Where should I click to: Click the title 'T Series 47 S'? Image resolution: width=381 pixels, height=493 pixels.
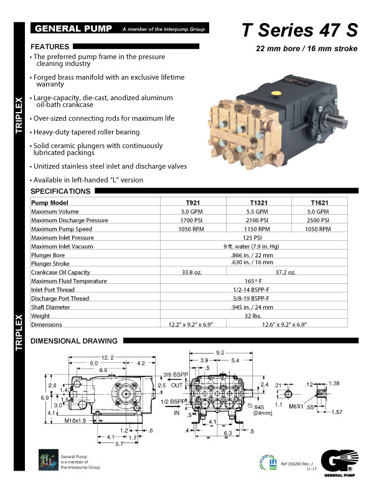point(299,31)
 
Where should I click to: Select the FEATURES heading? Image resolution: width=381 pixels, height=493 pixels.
point(50,47)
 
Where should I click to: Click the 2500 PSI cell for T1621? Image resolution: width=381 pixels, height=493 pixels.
point(320,220)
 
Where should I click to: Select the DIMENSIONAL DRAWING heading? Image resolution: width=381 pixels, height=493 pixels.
point(74,341)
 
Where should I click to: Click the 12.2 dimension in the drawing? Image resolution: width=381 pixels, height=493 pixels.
point(90,356)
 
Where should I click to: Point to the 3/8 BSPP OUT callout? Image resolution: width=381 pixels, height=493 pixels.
point(176,380)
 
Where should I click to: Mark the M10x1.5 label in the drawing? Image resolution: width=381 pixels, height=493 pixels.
point(75,421)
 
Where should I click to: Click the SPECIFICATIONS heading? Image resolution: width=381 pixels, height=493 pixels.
point(60,191)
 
